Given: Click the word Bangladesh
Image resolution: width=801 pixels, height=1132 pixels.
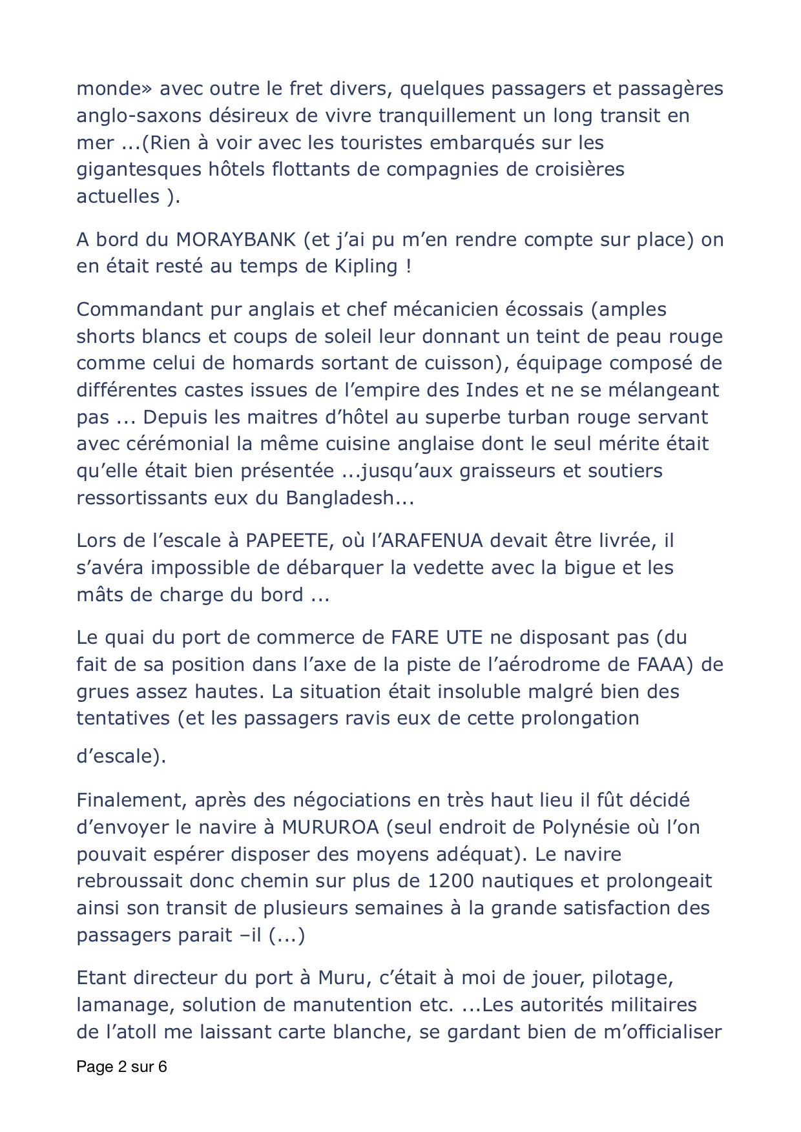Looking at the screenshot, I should tap(349, 498).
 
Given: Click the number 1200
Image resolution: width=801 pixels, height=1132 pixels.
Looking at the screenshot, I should tap(450, 881).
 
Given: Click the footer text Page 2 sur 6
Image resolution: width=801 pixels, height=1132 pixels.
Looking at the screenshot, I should tap(121, 1067).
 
